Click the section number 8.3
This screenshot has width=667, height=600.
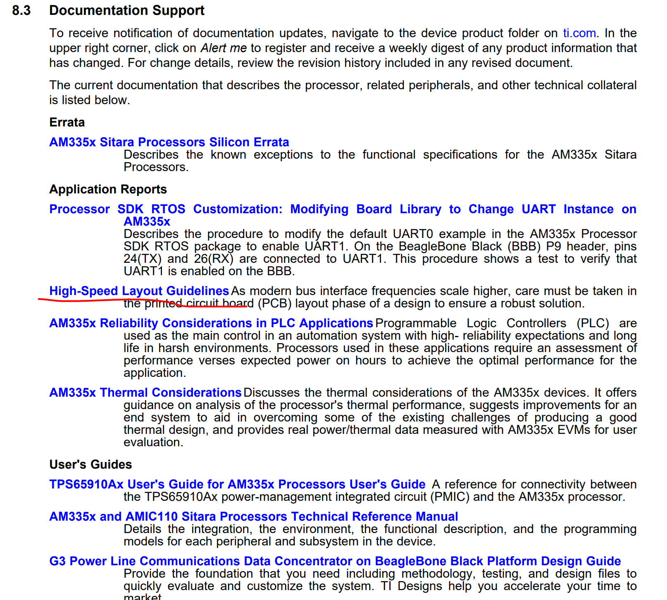point(21,10)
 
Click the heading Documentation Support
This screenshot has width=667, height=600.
point(126,10)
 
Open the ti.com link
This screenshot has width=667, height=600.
point(579,33)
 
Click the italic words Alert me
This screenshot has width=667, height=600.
point(224,48)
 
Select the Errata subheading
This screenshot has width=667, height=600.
point(67,122)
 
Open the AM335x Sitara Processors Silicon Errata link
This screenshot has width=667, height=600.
point(169,142)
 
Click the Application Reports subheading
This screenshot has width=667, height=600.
point(108,189)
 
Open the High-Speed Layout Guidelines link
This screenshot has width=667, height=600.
point(139,291)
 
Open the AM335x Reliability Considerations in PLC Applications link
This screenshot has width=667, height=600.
point(211,323)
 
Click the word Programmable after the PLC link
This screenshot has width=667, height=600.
point(416,323)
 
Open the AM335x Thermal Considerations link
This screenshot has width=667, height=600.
point(145,393)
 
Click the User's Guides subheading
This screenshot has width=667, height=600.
point(91,464)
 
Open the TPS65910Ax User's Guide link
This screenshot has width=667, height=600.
point(237,484)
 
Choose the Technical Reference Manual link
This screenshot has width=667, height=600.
point(253,517)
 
